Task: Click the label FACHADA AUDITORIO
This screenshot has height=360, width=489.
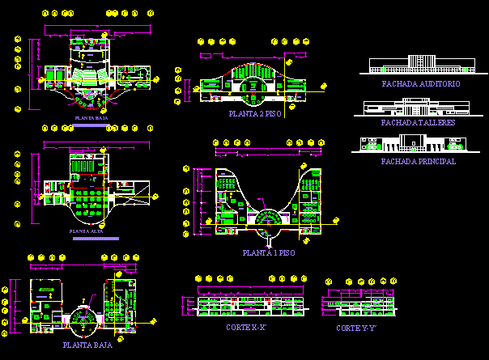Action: [x=420, y=84]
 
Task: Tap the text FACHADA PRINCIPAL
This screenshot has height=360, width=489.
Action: [x=418, y=161]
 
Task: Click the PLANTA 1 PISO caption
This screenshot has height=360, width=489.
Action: [x=269, y=253]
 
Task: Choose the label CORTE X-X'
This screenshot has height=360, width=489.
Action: [x=246, y=328]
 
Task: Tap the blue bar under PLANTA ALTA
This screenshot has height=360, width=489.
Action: [x=95, y=239]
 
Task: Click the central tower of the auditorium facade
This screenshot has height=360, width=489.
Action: [x=420, y=61]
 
